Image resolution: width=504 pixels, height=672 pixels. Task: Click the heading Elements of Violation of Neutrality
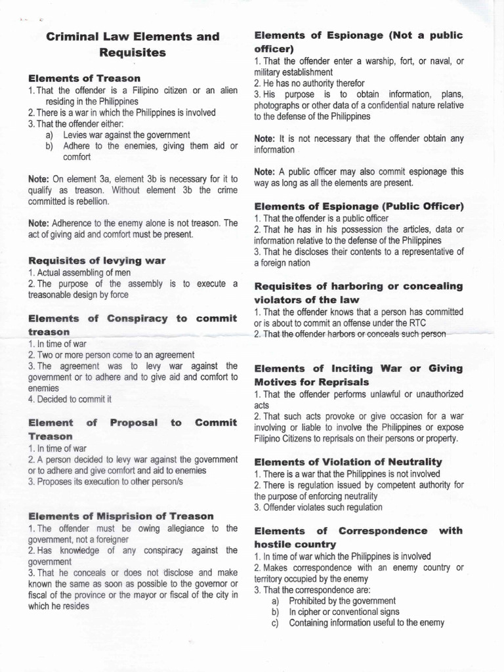click(348, 461)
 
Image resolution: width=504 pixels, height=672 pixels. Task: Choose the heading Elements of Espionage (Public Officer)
click(359, 206)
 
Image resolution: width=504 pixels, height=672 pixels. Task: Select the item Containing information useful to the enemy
click(366, 623)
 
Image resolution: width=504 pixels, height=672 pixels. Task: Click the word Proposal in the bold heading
click(134, 423)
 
